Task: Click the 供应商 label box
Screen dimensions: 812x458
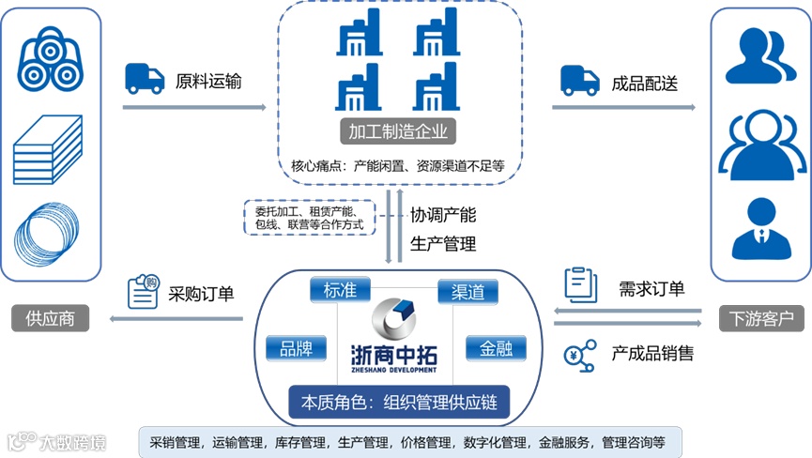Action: click(x=51, y=319)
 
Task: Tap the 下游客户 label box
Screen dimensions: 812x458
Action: click(x=760, y=319)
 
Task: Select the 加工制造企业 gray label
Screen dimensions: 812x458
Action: click(x=397, y=132)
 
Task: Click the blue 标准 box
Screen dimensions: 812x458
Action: click(x=338, y=290)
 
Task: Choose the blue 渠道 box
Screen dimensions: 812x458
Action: click(x=467, y=292)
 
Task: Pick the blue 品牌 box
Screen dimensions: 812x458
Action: click(x=297, y=349)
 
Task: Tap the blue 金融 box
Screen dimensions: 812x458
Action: click(x=496, y=349)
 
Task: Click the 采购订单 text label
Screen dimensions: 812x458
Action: click(x=201, y=294)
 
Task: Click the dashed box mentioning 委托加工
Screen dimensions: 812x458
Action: click(x=309, y=217)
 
